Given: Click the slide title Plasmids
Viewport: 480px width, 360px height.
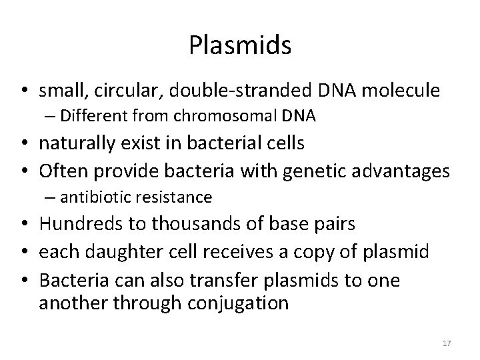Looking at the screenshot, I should click(x=240, y=45).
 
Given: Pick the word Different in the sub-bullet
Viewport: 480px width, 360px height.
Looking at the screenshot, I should click(x=88, y=116).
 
